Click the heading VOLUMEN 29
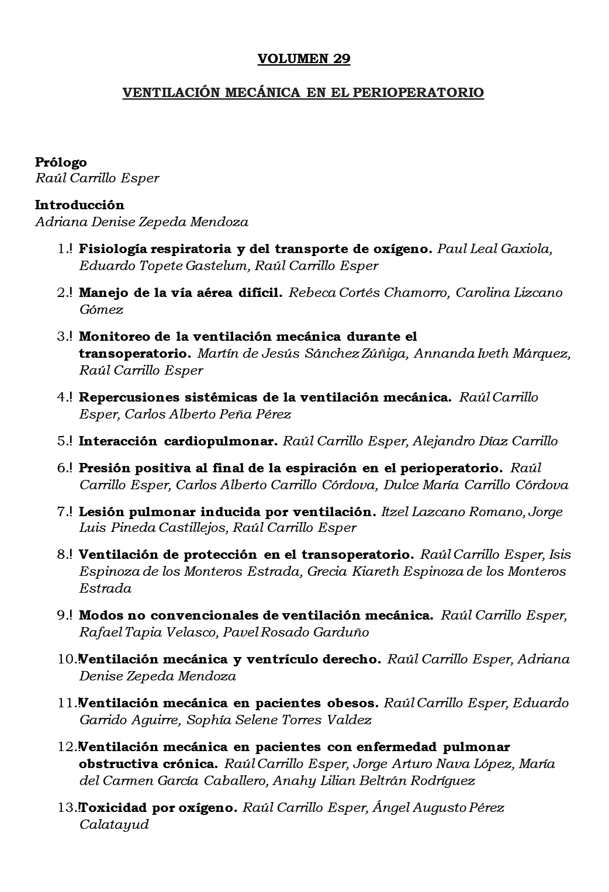(x=304, y=58)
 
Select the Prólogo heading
(x=61, y=162)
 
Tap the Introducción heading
(x=79, y=205)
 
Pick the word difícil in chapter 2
(x=258, y=292)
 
